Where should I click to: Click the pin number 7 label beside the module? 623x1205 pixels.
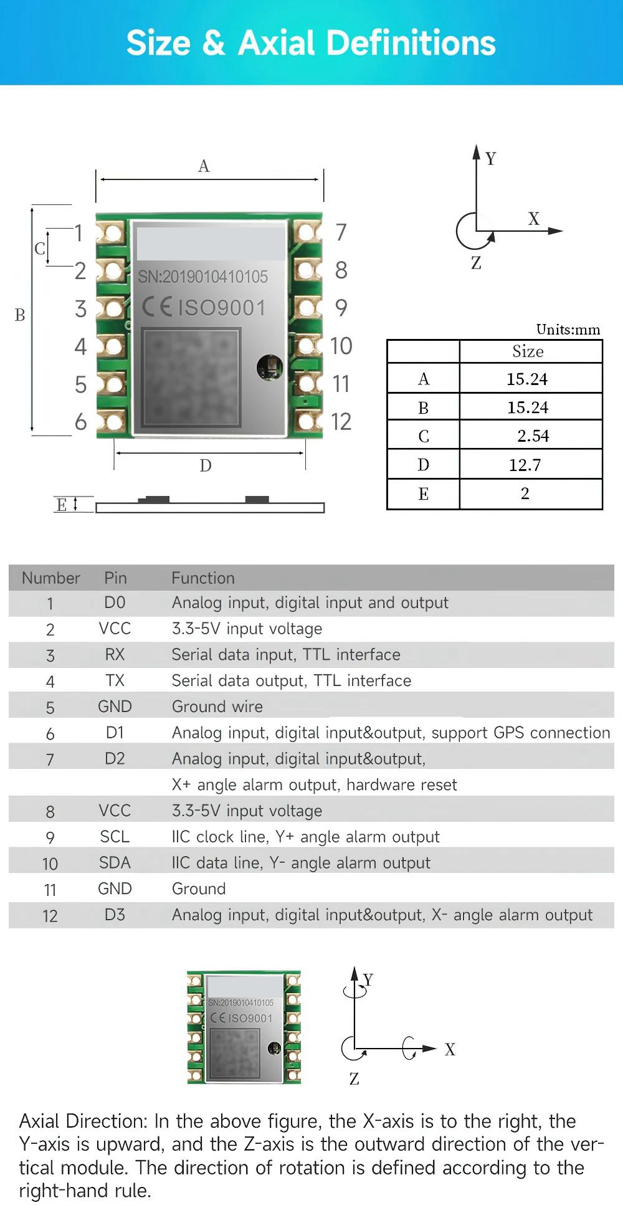[341, 232]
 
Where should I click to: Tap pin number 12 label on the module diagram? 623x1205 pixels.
[341, 422]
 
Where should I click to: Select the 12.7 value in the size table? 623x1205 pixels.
[525, 465]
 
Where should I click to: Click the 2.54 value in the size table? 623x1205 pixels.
[533, 436]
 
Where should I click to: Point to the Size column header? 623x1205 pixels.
[528, 351]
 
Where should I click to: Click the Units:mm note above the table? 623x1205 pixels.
[568, 329]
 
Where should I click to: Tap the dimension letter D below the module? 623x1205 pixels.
[206, 465]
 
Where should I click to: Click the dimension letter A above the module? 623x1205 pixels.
[204, 166]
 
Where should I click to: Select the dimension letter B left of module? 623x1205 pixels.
[20, 315]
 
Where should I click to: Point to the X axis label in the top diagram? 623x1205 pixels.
[534, 219]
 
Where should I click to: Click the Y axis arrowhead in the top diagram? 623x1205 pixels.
[476, 151]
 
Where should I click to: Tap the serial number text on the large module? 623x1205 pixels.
[203, 277]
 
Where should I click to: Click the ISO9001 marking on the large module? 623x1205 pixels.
[222, 308]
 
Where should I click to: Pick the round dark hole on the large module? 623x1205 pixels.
[270, 366]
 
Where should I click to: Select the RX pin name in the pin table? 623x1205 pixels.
[115, 654]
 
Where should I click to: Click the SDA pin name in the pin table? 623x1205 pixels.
[115, 862]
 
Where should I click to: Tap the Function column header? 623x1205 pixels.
[203, 578]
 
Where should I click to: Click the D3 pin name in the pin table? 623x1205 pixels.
[115, 915]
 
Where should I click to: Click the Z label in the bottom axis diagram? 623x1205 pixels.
[354, 1079]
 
